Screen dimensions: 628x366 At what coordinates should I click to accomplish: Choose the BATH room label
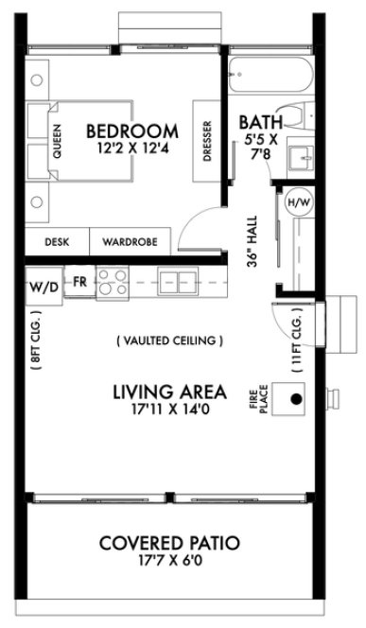[x=258, y=122]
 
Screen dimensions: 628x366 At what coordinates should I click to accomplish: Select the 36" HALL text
[x=253, y=244]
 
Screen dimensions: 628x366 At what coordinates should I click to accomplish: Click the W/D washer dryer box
[x=43, y=285]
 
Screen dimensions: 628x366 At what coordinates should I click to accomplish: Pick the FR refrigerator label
[x=79, y=282]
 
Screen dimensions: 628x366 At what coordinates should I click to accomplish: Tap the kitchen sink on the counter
[x=173, y=281]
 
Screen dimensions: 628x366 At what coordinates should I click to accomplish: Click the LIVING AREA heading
[x=168, y=391]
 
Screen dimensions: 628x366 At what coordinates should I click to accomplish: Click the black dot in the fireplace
[x=296, y=399]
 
